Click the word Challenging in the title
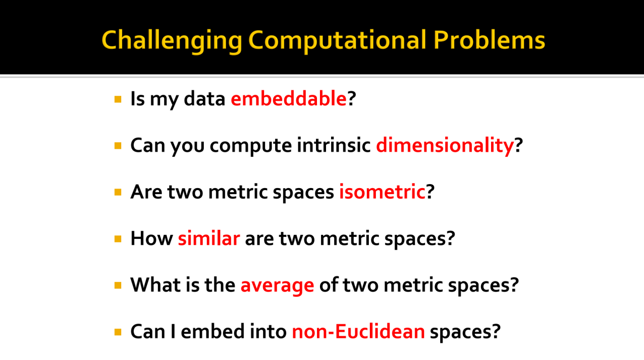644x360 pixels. point(172,41)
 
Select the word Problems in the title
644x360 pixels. point(489,40)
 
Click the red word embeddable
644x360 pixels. point(289,99)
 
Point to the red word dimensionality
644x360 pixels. point(445,146)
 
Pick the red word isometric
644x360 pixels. point(382,192)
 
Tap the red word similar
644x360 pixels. point(209,238)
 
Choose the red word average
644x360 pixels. point(277,286)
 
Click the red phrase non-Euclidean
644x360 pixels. point(358,331)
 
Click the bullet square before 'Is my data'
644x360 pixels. point(118,100)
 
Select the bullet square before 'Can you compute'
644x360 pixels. point(118,146)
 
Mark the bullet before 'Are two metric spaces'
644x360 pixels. point(118,192)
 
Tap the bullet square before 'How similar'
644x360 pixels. point(118,239)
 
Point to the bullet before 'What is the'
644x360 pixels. point(118,285)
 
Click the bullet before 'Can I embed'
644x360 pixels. point(118,332)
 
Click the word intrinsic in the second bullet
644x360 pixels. point(334,145)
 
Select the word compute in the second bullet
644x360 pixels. point(251,146)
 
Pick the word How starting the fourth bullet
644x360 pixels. point(152,238)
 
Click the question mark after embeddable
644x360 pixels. point(352,99)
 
